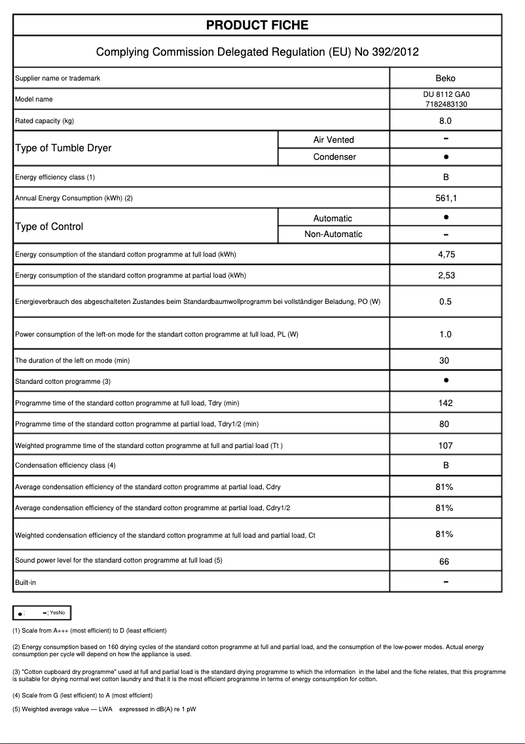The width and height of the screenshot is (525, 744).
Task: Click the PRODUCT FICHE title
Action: coord(257,26)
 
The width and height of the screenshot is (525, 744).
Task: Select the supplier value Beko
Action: coord(445,79)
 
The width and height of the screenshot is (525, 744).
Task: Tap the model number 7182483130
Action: coord(445,104)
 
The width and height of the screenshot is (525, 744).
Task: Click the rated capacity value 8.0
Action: coord(445,121)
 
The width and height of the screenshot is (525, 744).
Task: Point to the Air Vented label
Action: coord(333,139)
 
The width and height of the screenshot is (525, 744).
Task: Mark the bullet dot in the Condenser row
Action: coord(445,157)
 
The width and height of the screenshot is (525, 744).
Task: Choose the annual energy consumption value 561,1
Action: coord(445,198)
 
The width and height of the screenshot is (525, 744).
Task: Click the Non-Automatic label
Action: coord(333,234)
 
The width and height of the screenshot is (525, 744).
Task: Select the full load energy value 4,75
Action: coord(445,255)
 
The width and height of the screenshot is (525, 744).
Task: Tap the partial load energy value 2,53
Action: coord(445,276)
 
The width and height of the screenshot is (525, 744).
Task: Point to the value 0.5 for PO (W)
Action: coord(445,302)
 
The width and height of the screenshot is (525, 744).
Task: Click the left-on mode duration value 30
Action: coord(445,360)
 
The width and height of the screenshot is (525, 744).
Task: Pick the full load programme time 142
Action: coord(445,403)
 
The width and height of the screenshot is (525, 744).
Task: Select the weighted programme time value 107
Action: coord(445,446)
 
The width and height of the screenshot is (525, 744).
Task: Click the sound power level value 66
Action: coord(445,562)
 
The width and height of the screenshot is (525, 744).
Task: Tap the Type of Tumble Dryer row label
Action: coord(63,148)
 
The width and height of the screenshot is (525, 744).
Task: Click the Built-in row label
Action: coord(26,582)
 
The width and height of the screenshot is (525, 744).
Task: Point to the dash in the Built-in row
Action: coord(445,582)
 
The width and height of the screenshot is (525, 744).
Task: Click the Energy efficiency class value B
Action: coord(445,177)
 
